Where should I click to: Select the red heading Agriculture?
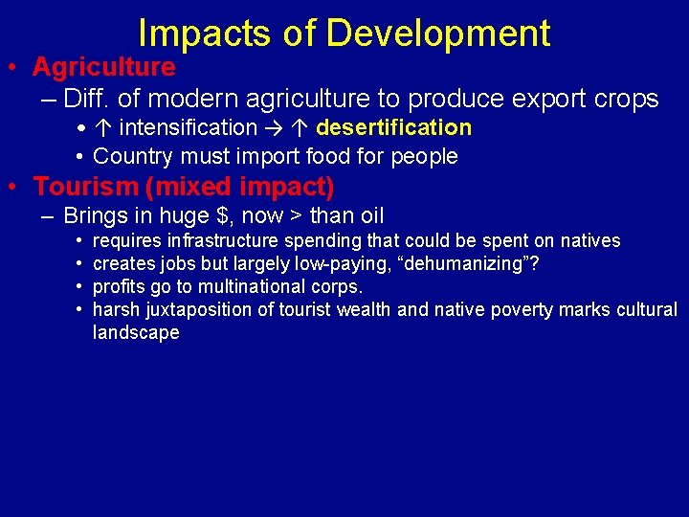(103, 67)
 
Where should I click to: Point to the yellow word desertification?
(393, 127)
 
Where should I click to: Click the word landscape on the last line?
(136, 333)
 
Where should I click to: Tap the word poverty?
(522, 310)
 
